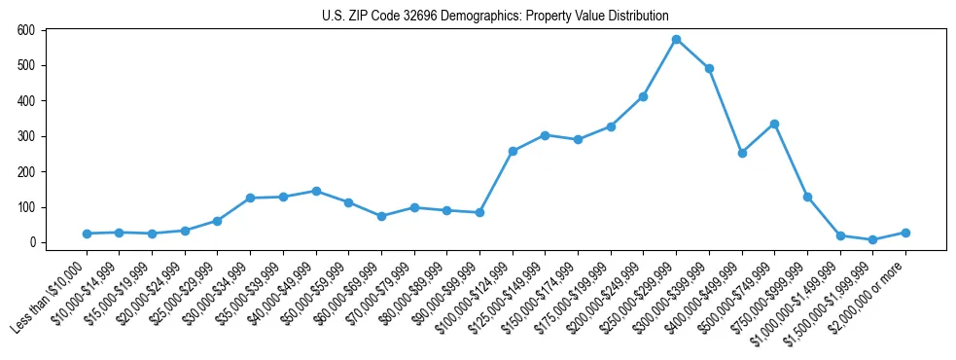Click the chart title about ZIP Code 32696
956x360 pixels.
click(x=495, y=16)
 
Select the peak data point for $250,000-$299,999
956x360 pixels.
click(x=676, y=39)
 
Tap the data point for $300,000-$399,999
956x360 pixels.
click(x=709, y=68)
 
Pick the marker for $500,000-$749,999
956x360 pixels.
click(x=774, y=124)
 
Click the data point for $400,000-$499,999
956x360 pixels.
click(x=742, y=153)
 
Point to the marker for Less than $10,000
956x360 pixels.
click(x=87, y=234)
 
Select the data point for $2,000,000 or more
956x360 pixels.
click(x=905, y=233)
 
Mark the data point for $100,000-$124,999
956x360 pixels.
click(x=513, y=151)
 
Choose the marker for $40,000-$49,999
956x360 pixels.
click(x=316, y=191)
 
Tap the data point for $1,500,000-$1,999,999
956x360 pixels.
click(x=872, y=239)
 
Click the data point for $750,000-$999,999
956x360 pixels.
click(x=807, y=197)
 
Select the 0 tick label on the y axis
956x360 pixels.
click(x=32, y=242)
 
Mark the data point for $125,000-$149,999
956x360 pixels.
click(x=545, y=135)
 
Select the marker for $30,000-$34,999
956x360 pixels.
click(x=250, y=198)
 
